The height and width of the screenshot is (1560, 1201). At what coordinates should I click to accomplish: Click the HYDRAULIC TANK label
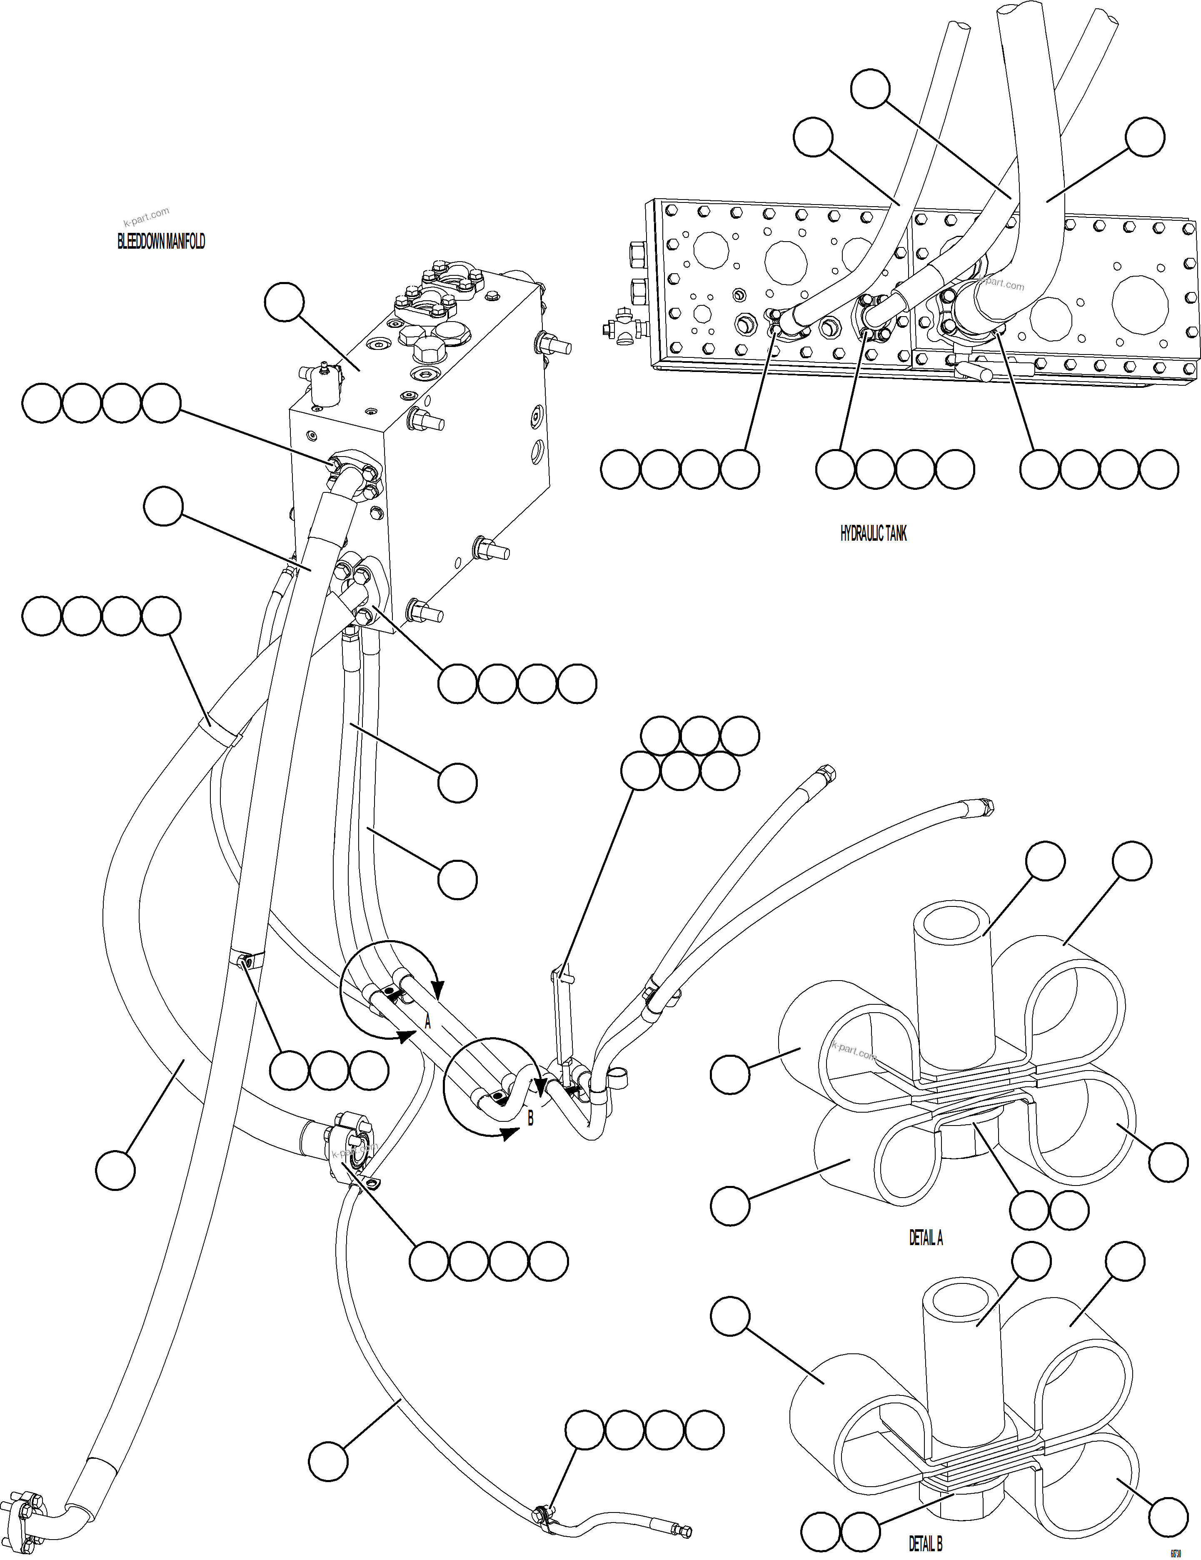[x=873, y=534]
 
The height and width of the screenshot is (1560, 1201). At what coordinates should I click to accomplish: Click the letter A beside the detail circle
[x=428, y=1023]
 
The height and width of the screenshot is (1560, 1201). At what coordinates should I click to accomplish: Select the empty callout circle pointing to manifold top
[x=284, y=304]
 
